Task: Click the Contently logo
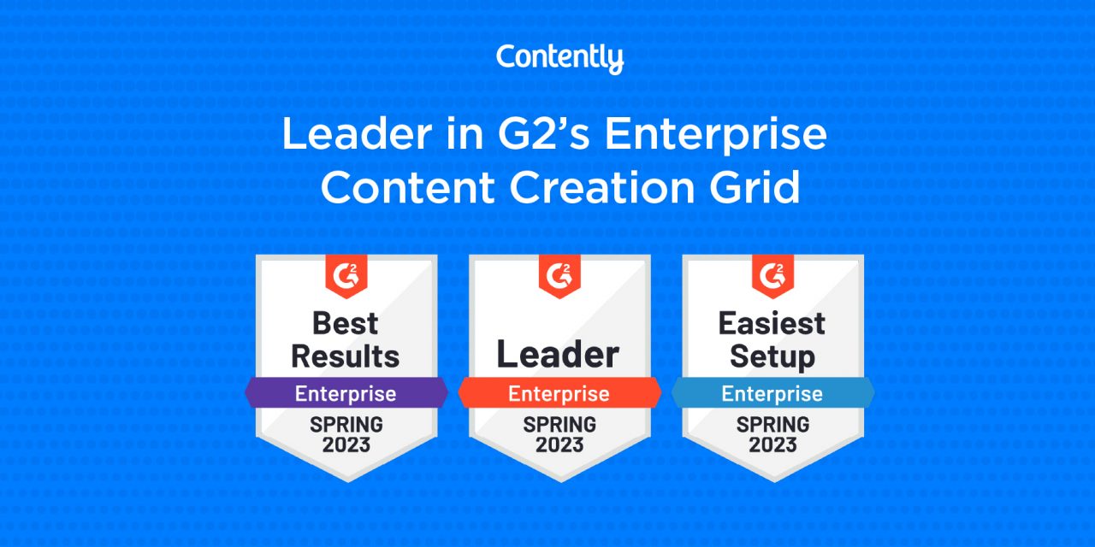pos(559,59)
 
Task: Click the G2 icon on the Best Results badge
pos(346,274)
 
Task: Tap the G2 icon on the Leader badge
pos(559,274)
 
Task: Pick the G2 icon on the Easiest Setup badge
pos(772,274)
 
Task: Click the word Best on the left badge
pos(346,323)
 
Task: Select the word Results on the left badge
pos(346,356)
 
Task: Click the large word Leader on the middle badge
pos(559,354)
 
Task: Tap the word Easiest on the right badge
pos(772,323)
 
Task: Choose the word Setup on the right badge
pos(772,356)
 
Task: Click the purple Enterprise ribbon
pos(346,394)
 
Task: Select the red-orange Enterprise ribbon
pos(559,394)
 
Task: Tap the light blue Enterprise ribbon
pos(772,394)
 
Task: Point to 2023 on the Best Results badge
pos(346,444)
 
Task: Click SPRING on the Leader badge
pos(559,424)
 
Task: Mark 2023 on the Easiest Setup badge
pos(772,444)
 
